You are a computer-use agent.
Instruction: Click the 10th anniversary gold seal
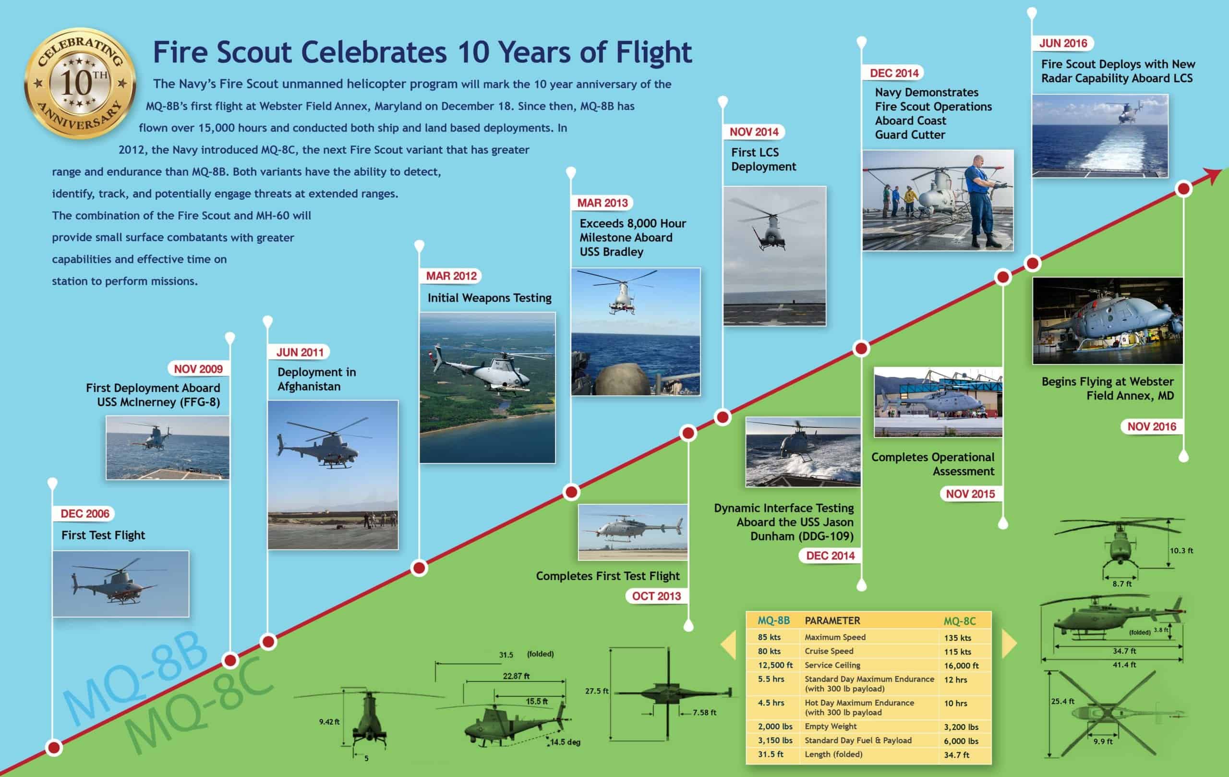[80, 83]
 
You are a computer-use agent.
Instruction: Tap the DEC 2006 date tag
[84, 513]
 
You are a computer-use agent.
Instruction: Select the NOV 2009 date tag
[198, 369]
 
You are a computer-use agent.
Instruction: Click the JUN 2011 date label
[300, 352]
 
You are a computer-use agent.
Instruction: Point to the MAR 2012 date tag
[451, 276]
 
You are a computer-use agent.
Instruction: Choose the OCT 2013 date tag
[656, 596]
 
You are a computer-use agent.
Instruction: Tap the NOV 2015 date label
[970, 494]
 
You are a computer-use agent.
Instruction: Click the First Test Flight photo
[120, 583]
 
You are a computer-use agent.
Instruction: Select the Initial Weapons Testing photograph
[487, 388]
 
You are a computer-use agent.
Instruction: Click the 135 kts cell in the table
[957, 638]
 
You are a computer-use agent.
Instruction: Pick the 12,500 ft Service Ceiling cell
[775, 665]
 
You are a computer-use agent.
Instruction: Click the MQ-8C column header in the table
[960, 621]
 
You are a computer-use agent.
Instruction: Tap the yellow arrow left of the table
[729, 644]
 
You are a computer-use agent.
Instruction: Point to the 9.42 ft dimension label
[329, 722]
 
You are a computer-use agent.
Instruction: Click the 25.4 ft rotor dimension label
[1062, 702]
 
